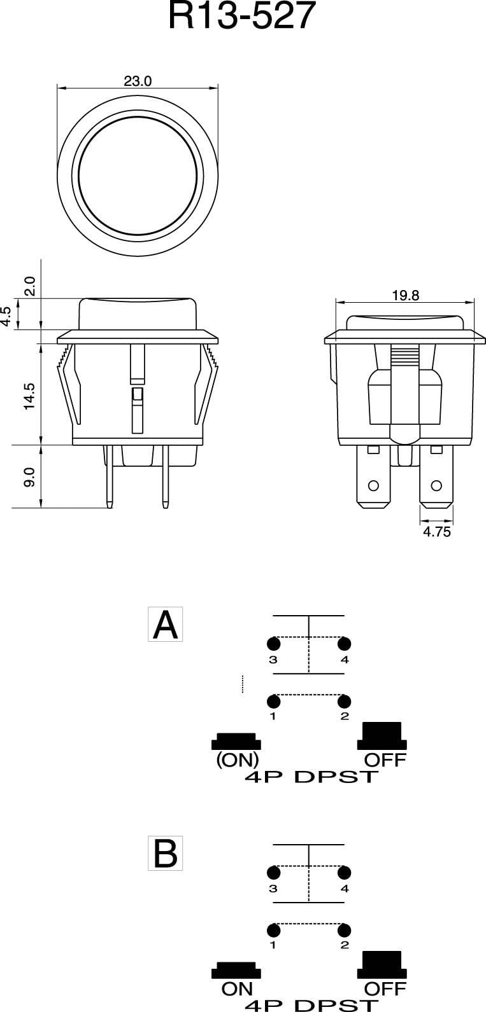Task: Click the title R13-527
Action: [x=242, y=17]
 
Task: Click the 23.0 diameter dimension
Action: [x=138, y=81]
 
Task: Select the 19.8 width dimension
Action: [x=405, y=295]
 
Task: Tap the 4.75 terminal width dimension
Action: [x=436, y=532]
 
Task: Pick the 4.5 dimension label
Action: [x=6, y=316]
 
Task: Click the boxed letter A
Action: [x=166, y=625]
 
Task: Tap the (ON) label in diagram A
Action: [x=238, y=760]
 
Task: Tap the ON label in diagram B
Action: [x=237, y=989]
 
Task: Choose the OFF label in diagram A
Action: [x=385, y=760]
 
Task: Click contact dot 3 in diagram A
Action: [x=274, y=643]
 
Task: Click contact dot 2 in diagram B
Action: [x=345, y=931]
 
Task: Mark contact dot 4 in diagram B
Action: [x=345, y=872]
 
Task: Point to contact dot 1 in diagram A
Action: [x=274, y=702]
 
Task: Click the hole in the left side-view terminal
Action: [x=374, y=486]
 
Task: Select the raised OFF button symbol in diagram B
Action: [x=382, y=964]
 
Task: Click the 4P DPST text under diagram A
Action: [x=311, y=777]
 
